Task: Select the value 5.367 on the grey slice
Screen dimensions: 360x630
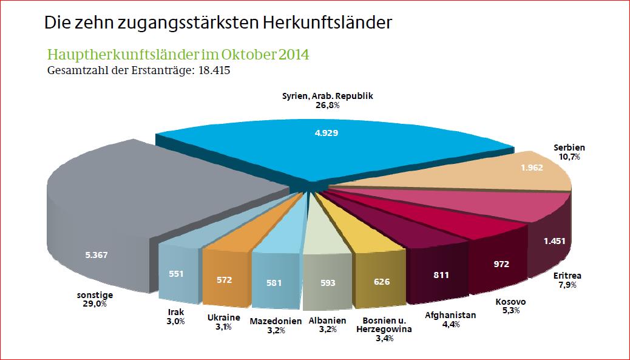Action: pyautogui.click(x=97, y=254)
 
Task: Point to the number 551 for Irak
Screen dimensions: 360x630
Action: pyautogui.click(x=177, y=273)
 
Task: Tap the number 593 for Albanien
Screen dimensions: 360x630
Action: pyautogui.click(x=327, y=282)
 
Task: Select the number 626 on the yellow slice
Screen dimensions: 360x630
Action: pyautogui.click(x=381, y=282)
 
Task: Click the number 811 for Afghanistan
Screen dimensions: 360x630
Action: pyautogui.click(x=441, y=275)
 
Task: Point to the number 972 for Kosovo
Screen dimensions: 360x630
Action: pyautogui.click(x=501, y=264)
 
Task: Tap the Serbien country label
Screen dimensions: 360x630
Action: pyautogui.click(x=569, y=148)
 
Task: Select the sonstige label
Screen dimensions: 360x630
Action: pyautogui.click(x=95, y=295)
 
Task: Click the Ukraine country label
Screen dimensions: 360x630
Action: pyautogui.click(x=223, y=317)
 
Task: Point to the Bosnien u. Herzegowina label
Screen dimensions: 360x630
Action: pyautogui.click(x=387, y=325)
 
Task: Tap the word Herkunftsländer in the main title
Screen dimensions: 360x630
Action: pyautogui.click(x=328, y=23)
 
